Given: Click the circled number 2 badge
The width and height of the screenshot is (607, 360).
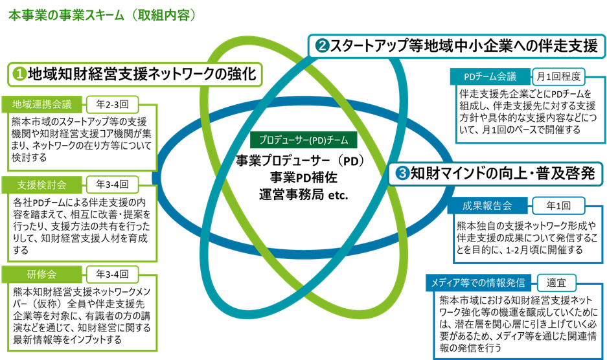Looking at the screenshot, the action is (x=322, y=46).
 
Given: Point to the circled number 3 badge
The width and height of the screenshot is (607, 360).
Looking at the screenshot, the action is (x=402, y=173).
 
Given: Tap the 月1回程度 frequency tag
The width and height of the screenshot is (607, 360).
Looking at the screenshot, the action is (x=558, y=76).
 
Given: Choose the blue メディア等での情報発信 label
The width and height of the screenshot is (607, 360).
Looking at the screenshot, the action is (x=480, y=283).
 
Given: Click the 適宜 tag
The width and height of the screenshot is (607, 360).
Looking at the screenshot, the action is (x=556, y=283).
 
